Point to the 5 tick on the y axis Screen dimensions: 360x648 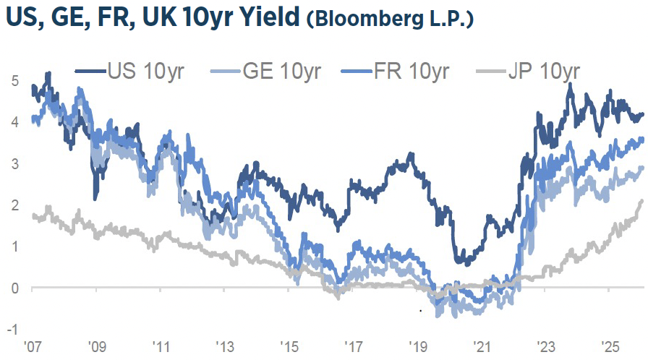click(x=14, y=81)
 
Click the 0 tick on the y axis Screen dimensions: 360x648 click(x=14, y=288)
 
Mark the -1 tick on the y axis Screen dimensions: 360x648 click(x=12, y=330)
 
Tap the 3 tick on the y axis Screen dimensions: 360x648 click(x=14, y=164)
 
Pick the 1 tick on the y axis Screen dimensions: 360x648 click(x=14, y=247)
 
